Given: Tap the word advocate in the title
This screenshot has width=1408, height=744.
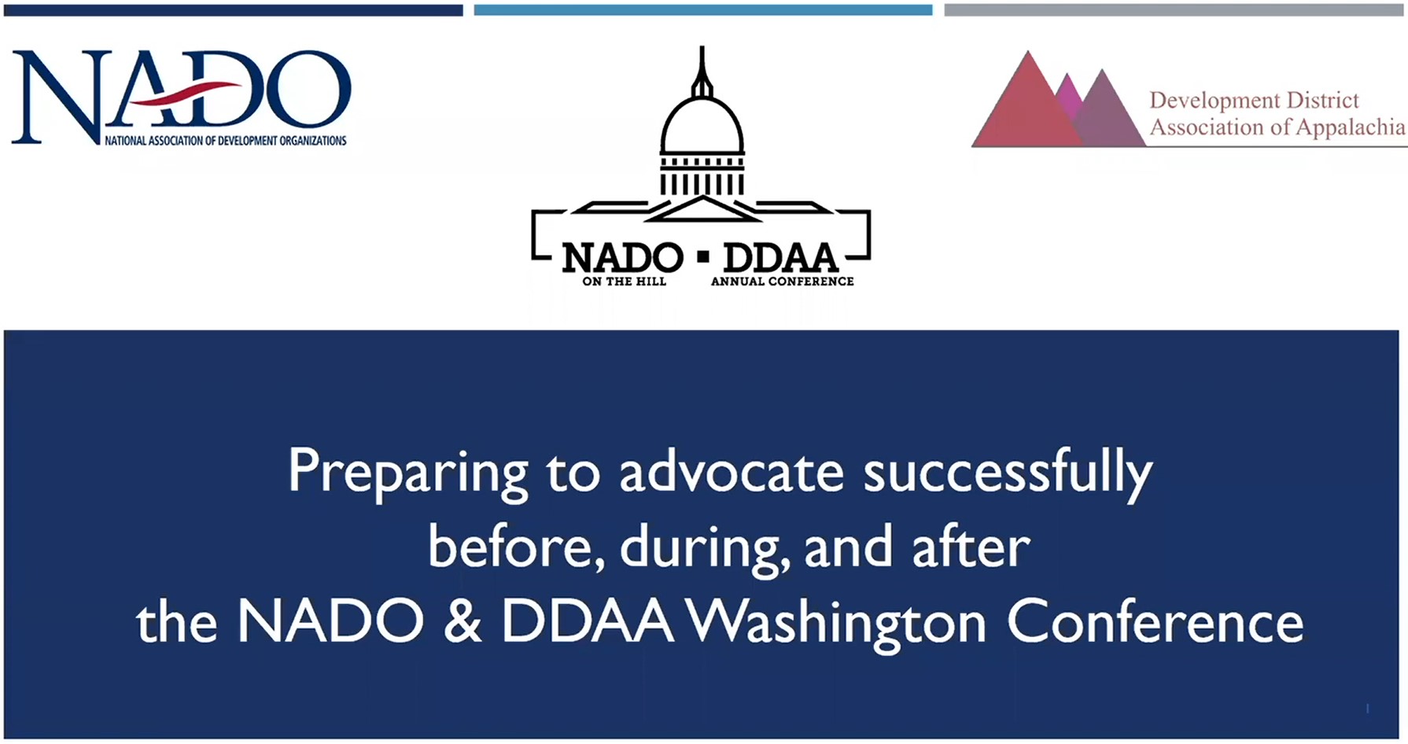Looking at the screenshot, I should pos(731,472).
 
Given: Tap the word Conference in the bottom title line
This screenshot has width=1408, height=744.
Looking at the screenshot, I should pos(1155,622).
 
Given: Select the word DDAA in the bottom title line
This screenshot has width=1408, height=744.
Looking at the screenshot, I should pos(588,622).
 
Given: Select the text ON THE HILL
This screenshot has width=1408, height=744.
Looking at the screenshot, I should pos(624,282).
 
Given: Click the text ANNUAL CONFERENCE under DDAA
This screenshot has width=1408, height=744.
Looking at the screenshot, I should pos(782,282).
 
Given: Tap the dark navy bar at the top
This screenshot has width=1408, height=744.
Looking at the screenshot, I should pos(234,10).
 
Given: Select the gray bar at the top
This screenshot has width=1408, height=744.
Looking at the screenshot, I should pos(1175,10).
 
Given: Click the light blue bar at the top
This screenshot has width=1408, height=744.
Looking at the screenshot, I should pos(703,10).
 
